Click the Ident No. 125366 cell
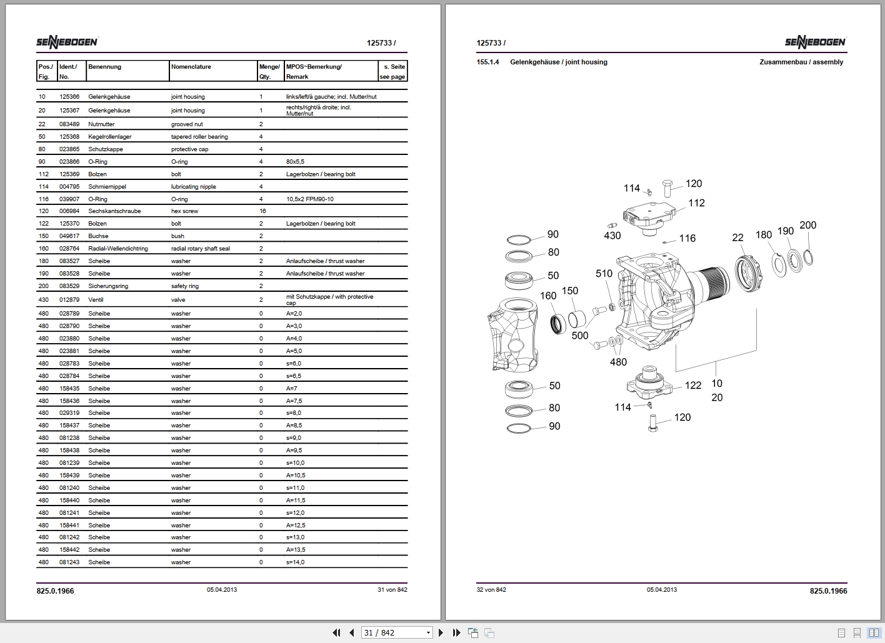pyautogui.click(x=69, y=97)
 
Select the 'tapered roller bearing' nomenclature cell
pyautogui.click(x=199, y=137)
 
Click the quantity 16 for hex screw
pyautogui.click(x=262, y=211)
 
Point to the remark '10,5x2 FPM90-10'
pyautogui.click(x=309, y=199)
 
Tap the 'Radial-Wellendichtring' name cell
pyautogui.click(x=118, y=249)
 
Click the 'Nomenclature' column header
pyautogui.click(x=191, y=67)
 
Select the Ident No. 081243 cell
pyautogui.click(x=69, y=562)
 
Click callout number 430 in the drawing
pyautogui.click(x=612, y=236)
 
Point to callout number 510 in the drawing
pyautogui.click(x=604, y=274)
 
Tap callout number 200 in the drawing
pyautogui.click(x=807, y=225)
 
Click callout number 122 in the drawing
pyautogui.click(x=692, y=386)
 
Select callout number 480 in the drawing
pyautogui.click(x=617, y=362)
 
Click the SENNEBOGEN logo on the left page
pyautogui.click(x=67, y=42)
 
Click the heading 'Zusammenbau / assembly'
pyautogui.click(x=801, y=62)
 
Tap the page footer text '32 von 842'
pyautogui.click(x=491, y=590)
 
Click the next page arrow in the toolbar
pyautogui.click(x=441, y=632)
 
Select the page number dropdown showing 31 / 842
pyautogui.click(x=397, y=632)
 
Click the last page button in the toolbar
pyautogui.click(x=456, y=632)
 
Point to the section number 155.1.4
pyautogui.click(x=487, y=62)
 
